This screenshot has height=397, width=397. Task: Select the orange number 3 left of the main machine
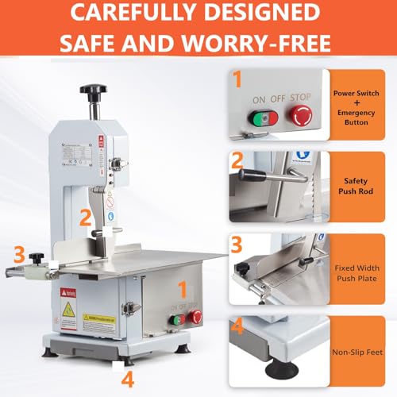17,255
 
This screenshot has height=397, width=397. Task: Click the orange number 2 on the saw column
84,215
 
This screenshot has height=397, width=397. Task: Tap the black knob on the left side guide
36,257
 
